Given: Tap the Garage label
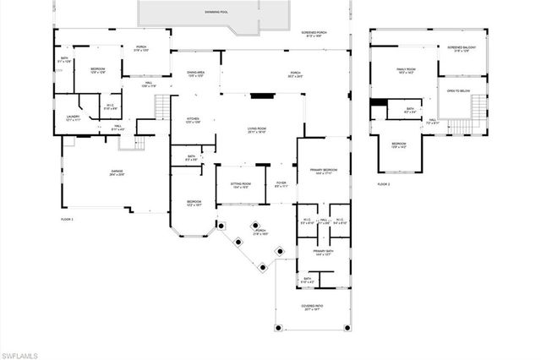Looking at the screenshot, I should [x=117, y=172].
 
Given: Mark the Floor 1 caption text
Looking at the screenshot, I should [x=67, y=220].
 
